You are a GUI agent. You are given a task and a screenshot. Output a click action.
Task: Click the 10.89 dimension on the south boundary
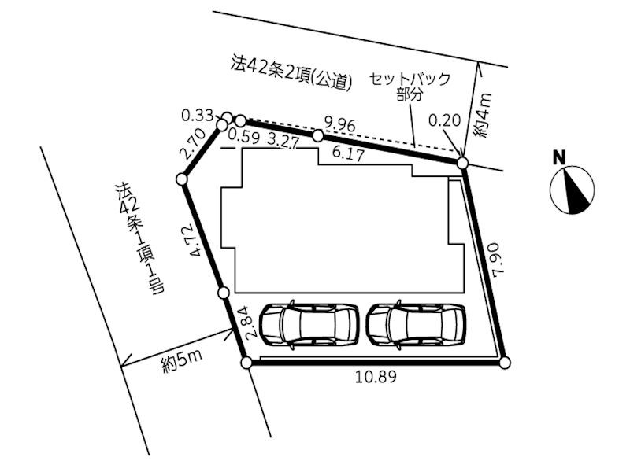(376, 377)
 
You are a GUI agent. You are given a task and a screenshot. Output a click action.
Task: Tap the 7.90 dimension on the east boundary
(498, 259)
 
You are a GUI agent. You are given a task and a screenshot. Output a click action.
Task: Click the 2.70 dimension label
(193, 144)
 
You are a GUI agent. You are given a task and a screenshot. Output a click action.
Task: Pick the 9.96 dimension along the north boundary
(339, 125)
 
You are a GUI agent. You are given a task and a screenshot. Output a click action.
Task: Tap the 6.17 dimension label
(348, 154)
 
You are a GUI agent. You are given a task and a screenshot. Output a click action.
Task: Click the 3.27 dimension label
(283, 141)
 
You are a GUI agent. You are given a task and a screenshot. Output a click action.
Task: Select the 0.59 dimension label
(243, 135)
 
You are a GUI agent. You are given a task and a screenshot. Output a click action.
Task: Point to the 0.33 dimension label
(197, 116)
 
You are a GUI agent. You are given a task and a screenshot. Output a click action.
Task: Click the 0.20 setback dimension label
(444, 120)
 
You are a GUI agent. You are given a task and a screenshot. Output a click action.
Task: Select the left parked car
(309, 324)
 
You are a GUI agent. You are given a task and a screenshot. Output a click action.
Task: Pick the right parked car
(417, 324)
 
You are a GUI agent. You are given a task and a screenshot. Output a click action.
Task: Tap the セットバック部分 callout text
(409, 87)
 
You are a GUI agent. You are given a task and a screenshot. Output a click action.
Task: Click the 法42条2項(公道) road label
(292, 73)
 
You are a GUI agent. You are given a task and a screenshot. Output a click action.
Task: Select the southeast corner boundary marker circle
(505, 363)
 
